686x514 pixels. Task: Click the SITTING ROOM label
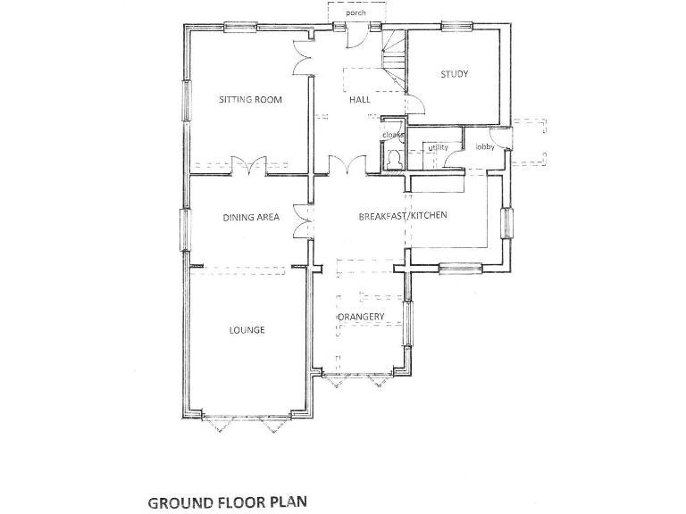coord(250,99)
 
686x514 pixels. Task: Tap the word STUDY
coord(454,74)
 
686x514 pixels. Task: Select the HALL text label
coord(359,100)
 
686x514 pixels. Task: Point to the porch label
coord(356,13)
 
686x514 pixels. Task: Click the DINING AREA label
coord(251,217)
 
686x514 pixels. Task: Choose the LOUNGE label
coord(247,330)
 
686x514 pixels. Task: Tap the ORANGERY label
coord(361,318)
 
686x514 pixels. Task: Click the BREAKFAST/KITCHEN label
coord(402,217)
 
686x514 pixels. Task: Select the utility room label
coord(438,147)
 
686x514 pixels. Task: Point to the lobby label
coord(485,146)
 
